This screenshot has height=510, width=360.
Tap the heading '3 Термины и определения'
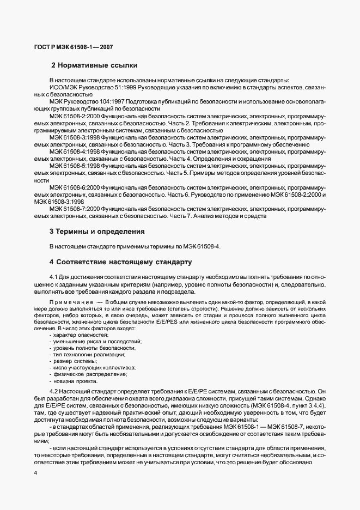click(x=97, y=231)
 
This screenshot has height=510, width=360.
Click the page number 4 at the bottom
click(x=35, y=472)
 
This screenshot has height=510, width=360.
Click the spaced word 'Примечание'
click(x=70, y=301)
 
